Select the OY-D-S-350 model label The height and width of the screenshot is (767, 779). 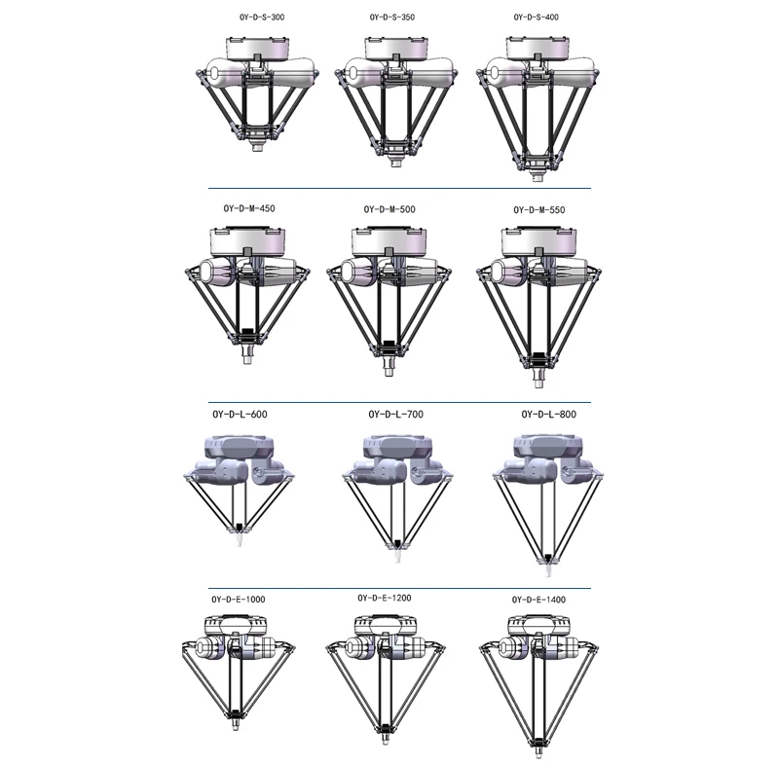point(392,18)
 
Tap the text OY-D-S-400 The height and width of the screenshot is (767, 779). point(536,18)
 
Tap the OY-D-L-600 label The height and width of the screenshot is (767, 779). point(240,415)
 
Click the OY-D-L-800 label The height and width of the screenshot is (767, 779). point(548,415)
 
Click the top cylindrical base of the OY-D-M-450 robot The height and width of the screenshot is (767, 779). point(246,239)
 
